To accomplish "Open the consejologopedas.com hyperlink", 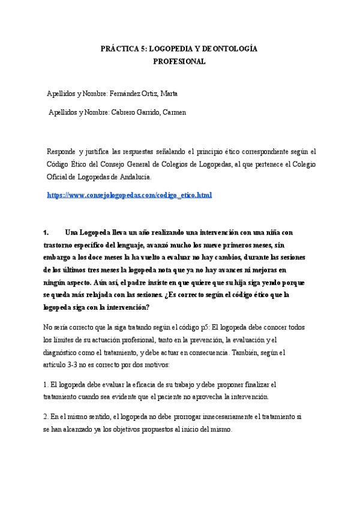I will pos(129,196).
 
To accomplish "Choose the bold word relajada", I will pos(117,295).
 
